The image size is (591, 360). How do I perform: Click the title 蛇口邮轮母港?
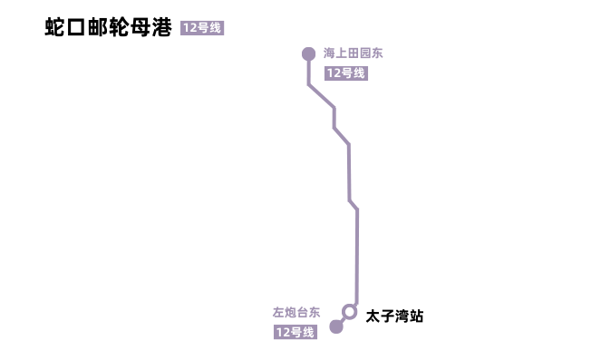point(108,27)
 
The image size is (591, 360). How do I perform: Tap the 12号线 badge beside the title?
point(201,28)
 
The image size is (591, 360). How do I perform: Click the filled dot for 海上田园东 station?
point(308,54)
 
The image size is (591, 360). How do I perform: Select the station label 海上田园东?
point(354,54)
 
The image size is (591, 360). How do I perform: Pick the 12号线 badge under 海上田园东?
point(345,73)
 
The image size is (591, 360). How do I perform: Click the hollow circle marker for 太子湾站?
point(349,311)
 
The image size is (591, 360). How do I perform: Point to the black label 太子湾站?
point(394,316)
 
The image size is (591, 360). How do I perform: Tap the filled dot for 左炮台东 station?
point(336,326)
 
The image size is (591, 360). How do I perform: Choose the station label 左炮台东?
point(296,312)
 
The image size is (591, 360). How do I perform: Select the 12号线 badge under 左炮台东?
point(295,333)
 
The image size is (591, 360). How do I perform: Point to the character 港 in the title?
point(161,27)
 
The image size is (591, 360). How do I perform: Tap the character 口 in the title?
point(76,27)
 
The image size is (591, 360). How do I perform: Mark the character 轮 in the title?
point(119,27)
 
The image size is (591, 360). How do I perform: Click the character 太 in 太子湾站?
point(373,316)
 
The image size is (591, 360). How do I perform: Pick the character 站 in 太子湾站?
point(416,316)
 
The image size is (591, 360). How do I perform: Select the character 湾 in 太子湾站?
point(402,316)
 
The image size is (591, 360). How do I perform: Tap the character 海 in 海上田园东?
point(330,54)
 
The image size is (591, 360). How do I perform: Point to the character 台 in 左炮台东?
point(303,312)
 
